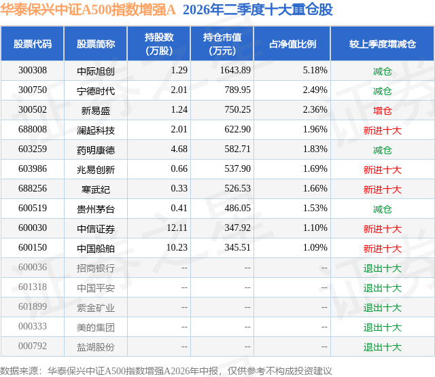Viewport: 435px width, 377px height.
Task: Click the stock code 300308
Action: (33, 70)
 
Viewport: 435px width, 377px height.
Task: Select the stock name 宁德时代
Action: (96, 90)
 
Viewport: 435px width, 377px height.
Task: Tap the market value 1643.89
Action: (235, 70)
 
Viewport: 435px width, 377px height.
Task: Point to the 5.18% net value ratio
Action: (315, 70)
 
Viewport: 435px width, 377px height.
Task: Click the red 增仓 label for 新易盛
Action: (382, 111)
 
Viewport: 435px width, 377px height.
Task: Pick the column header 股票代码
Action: (33, 43)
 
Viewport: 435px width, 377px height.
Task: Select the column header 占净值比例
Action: (292, 43)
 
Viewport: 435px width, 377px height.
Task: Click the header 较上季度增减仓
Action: (382, 43)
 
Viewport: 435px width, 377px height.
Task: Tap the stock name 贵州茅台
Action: (96, 209)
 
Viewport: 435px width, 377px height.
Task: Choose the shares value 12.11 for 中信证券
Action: (177, 228)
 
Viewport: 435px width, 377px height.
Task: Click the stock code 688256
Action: (33, 189)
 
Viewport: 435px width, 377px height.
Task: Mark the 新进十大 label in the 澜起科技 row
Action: (382, 130)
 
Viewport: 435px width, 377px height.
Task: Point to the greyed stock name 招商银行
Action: (96, 268)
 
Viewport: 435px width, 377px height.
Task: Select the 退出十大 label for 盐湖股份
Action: (382, 347)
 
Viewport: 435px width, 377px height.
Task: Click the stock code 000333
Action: (33, 326)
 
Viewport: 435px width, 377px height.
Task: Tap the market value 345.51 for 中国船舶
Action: (237, 247)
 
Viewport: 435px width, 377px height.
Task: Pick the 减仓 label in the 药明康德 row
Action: (382, 150)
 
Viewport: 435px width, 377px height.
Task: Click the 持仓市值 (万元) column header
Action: (222, 43)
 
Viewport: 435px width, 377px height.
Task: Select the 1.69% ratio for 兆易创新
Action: (315, 169)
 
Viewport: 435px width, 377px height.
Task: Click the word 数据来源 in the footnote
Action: (19, 371)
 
